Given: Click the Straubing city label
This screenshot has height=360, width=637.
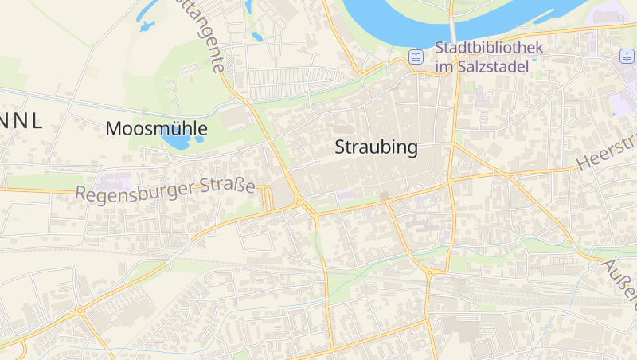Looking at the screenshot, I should pyautogui.click(x=377, y=147).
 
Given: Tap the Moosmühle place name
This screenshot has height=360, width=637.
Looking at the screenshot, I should pyautogui.click(x=156, y=128).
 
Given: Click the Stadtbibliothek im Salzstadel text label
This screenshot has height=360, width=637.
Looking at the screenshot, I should pyautogui.click(x=489, y=57).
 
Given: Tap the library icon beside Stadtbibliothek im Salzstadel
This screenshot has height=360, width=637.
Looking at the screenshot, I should pyautogui.click(x=416, y=57).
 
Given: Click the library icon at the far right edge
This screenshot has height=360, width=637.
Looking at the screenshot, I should pyautogui.click(x=627, y=56).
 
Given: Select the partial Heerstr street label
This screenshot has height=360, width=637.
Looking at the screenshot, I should pyautogui.click(x=606, y=151).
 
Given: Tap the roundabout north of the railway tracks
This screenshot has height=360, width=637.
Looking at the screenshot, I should pyautogui.click(x=430, y=272).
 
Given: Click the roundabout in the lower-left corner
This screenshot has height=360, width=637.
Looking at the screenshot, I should pyautogui.click(x=80, y=310).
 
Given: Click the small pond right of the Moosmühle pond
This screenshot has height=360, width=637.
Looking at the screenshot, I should pyautogui.click(x=199, y=139).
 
